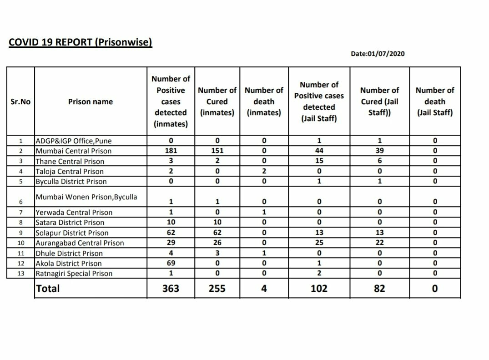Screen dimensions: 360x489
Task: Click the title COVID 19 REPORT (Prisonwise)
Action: tap(81, 42)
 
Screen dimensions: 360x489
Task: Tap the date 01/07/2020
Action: tap(378, 54)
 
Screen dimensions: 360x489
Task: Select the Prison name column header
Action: tap(91, 101)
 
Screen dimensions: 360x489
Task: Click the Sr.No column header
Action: tap(20, 101)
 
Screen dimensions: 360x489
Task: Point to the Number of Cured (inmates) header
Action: tap(217, 101)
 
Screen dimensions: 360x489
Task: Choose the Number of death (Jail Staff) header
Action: tap(434, 101)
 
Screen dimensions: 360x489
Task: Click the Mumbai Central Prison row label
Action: tap(73, 151)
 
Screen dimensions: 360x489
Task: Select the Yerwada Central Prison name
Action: tap(74, 213)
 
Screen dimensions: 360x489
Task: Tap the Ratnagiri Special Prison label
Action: tap(74, 274)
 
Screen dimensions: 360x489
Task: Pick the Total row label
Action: tap(48, 288)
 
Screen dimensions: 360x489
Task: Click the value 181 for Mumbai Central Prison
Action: tap(171, 151)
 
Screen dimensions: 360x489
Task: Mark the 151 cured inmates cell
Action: tap(217, 151)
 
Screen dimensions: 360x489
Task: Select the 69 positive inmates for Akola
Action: tap(171, 263)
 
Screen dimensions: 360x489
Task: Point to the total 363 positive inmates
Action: tap(171, 289)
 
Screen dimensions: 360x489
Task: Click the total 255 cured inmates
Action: tap(217, 289)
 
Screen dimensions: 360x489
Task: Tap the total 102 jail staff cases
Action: tap(319, 289)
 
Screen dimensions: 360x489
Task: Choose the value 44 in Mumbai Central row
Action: tap(319, 151)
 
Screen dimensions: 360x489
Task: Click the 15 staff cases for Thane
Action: tap(319, 161)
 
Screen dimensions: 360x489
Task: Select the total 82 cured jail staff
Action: tap(379, 289)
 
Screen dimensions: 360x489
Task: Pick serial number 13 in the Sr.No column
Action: tap(20, 274)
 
